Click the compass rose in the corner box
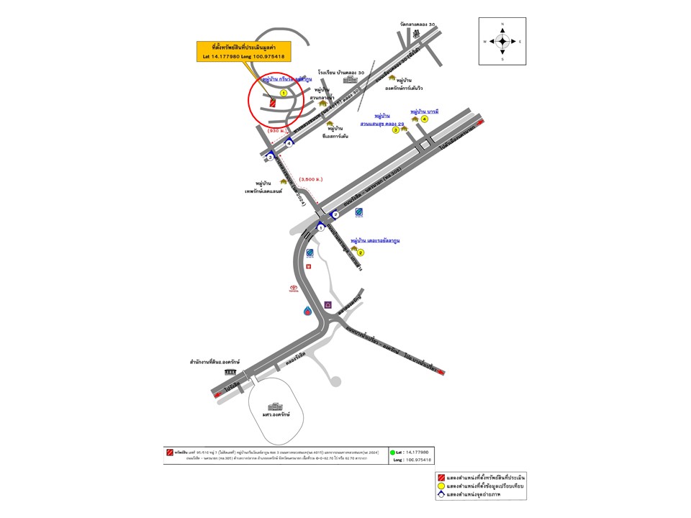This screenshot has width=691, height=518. tap(502, 41)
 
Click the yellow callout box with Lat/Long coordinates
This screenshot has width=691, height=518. tap(242, 51)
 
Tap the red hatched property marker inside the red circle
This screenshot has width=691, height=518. tap(274, 104)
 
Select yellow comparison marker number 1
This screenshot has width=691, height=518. tap(284, 93)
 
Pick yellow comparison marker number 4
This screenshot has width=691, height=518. tap(425, 119)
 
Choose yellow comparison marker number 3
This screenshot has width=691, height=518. tap(395, 130)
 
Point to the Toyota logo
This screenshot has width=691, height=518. tap(293, 286)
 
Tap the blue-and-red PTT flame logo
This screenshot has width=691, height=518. tap(308, 311)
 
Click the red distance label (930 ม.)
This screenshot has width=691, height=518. tap(277, 131)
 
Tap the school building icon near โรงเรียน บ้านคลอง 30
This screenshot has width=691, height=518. tap(349, 81)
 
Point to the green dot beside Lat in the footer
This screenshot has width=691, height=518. tap(393, 452)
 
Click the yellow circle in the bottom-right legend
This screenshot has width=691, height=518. tap(440, 486)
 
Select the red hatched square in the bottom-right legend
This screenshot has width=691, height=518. tap(440, 478)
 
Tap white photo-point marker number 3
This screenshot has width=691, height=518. tap(270, 157)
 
